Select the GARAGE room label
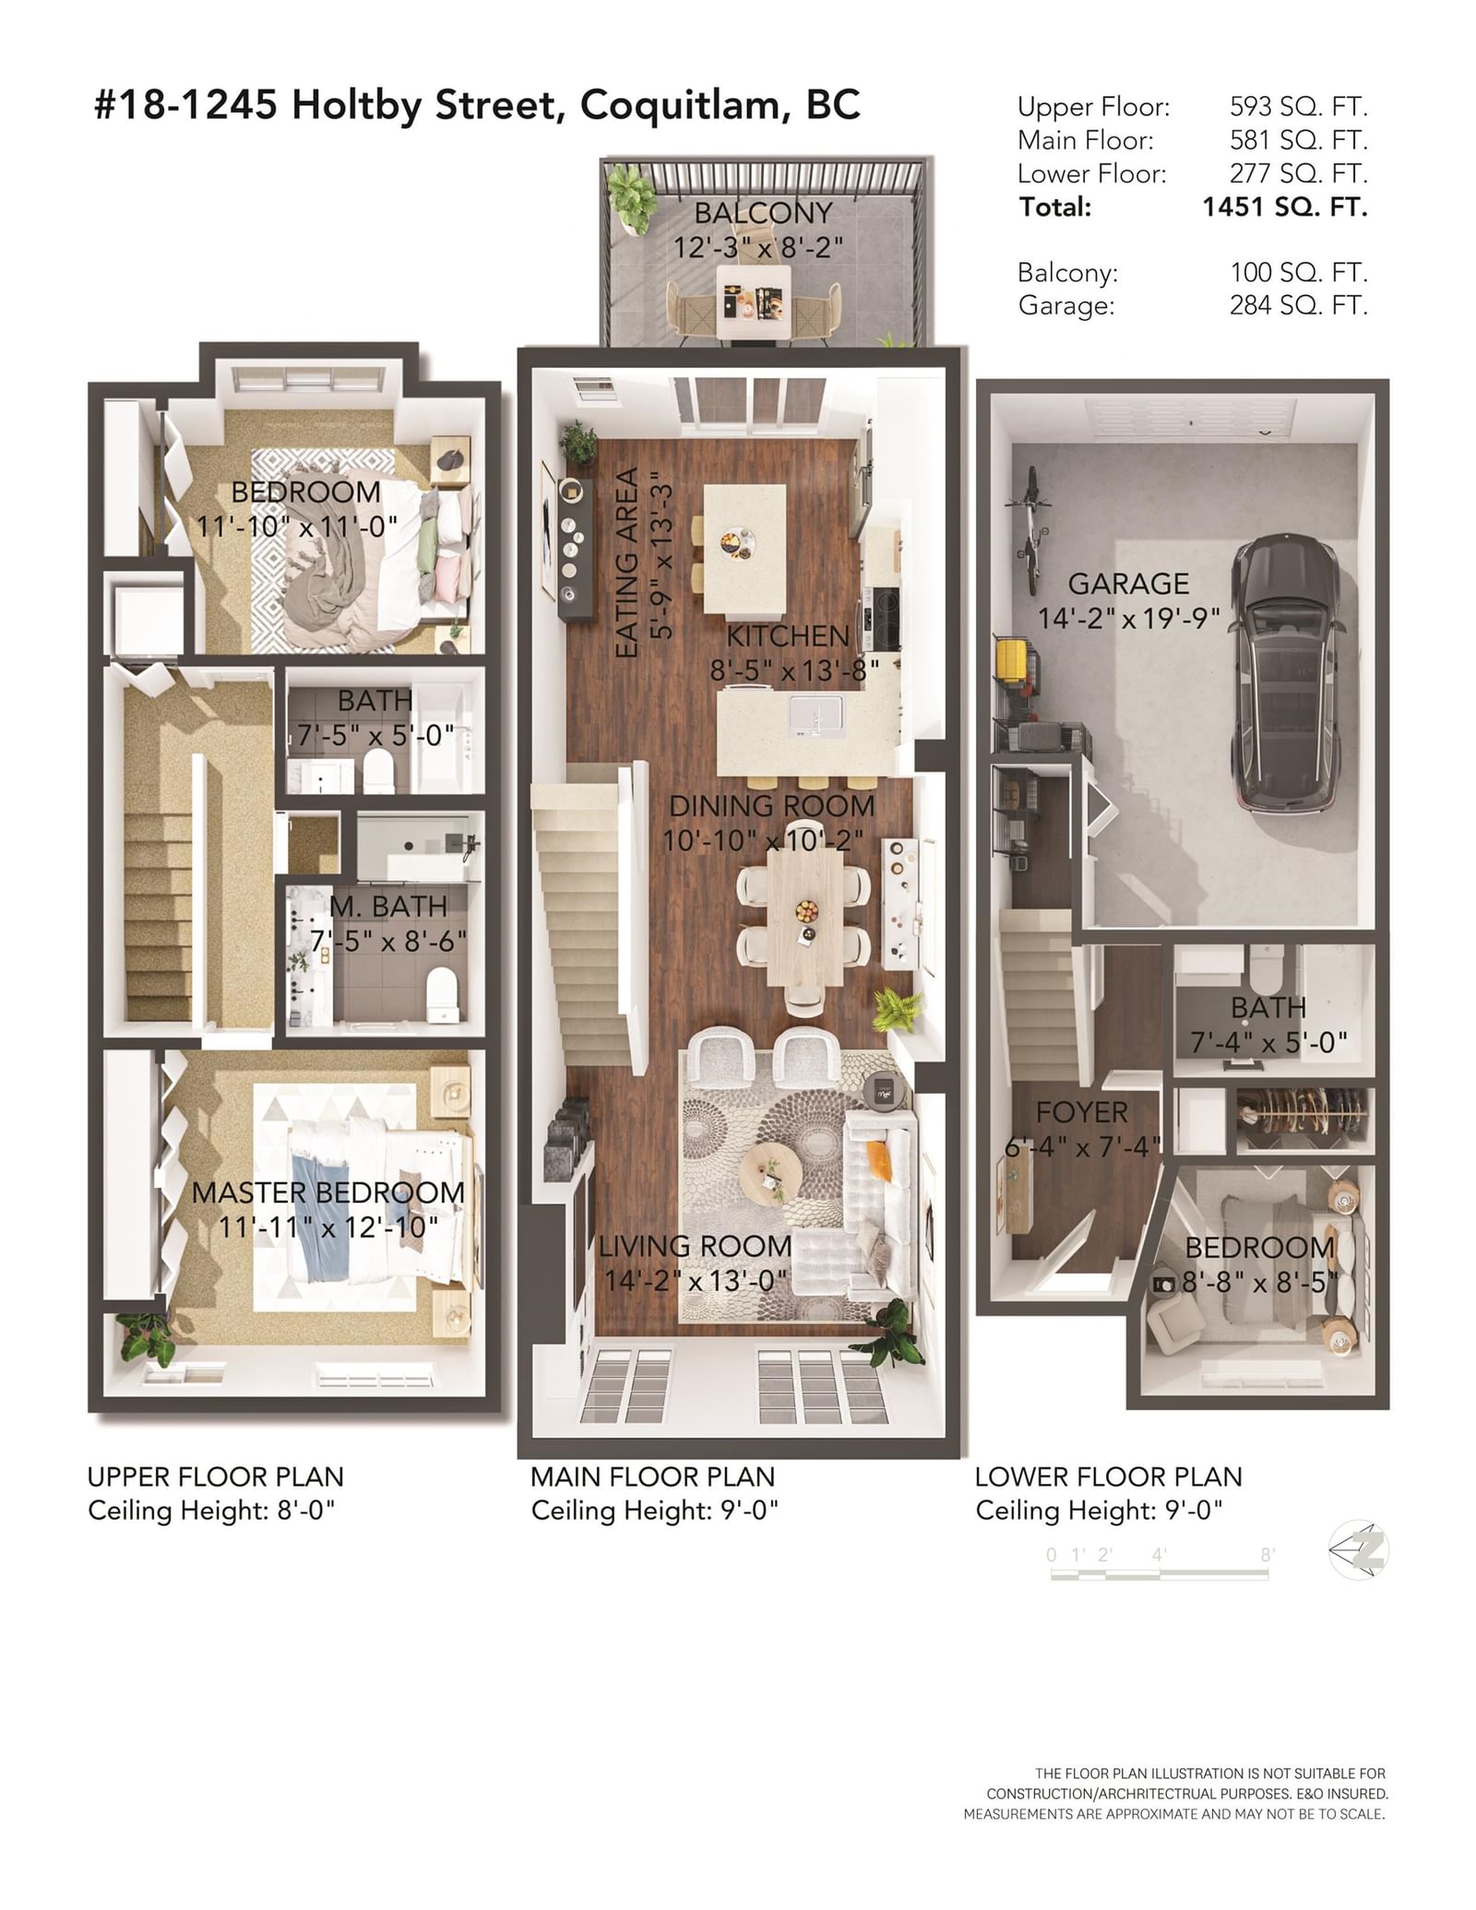coord(1128,584)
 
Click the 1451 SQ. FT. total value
coord(1284,207)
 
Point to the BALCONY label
coord(763,213)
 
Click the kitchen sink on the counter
coord(816,717)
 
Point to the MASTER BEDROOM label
coord(328,1192)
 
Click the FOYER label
coord(1082,1112)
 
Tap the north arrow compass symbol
coord(1358,1549)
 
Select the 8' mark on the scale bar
coord(1268,1555)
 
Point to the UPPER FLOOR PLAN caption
coord(216,1477)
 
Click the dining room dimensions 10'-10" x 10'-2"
coord(763,840)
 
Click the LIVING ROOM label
coord(696,1246)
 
